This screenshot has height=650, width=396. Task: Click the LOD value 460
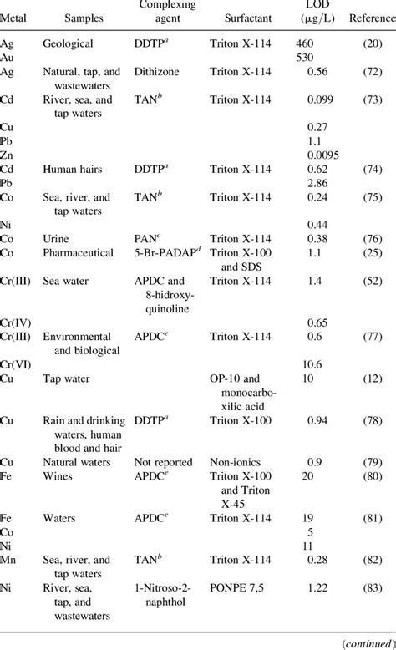[307, 42]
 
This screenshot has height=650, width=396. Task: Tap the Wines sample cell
[57, 478]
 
